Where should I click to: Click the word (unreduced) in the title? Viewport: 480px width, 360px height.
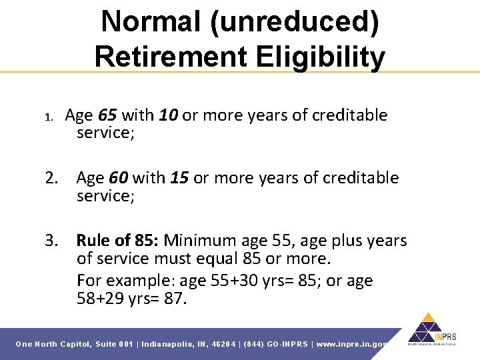295,23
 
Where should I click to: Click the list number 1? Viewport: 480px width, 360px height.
48,117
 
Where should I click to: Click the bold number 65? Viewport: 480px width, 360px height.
108,115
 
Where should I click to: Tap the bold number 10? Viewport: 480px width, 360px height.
168,115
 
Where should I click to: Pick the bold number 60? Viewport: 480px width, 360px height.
119,178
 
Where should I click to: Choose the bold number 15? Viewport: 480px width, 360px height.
179,178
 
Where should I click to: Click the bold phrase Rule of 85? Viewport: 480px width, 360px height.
118,240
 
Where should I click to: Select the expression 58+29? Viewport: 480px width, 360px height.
100,299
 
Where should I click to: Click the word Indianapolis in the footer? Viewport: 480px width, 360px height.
167,344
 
